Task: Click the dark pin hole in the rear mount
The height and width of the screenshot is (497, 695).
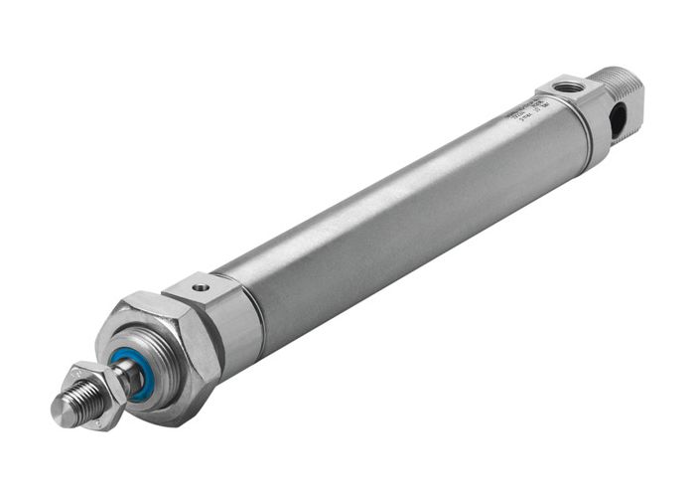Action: [x=618, y=120]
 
